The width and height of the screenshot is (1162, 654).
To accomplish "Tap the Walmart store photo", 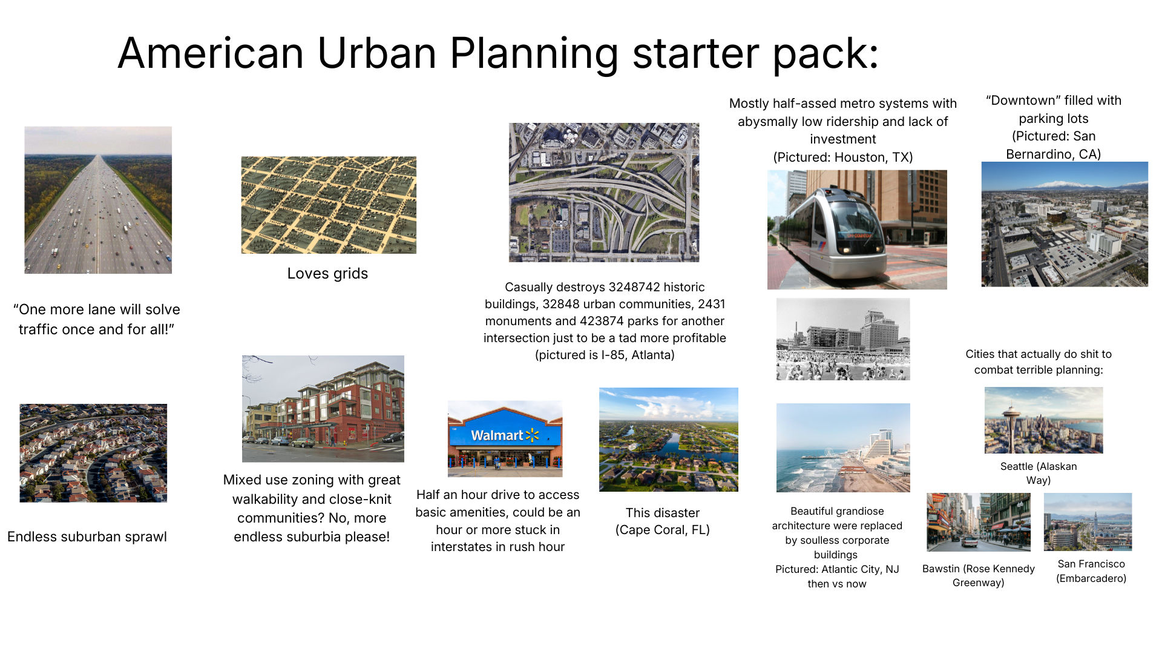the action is (505, 438).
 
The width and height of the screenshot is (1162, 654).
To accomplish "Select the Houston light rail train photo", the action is (857, 230).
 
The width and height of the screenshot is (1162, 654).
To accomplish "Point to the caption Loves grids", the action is (327, 274).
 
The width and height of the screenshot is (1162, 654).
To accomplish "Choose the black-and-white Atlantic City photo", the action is (843, 339).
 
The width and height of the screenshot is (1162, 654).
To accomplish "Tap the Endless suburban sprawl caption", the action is (87, 537).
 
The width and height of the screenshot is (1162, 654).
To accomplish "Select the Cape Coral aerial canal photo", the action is (669, 440).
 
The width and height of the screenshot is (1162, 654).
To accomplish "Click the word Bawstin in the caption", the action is (940, 569).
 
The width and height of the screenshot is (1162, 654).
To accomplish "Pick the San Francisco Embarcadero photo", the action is (1088, 522).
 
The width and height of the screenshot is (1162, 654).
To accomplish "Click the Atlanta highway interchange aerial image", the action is (604, 193).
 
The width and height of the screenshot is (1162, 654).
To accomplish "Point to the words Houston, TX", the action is (871, 157).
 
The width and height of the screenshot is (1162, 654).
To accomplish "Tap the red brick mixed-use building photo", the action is (323, 409).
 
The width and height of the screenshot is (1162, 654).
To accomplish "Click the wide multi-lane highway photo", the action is (98, 200).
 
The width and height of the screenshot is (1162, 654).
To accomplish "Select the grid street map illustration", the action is (329, 205).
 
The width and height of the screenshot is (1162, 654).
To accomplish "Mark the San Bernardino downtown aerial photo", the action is (1065, 224).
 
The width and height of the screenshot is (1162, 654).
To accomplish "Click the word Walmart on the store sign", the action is (497, 435).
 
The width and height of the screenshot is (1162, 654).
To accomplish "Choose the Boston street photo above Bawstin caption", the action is (979, 522).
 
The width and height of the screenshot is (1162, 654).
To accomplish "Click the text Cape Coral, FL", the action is (663, 530).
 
